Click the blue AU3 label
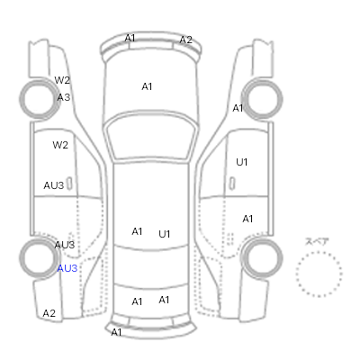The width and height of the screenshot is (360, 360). click(67, 268)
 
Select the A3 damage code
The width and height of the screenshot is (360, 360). click(64, 97)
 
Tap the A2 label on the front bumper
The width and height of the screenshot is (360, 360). click(185, 40)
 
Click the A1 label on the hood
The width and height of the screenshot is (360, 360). click(147, 86)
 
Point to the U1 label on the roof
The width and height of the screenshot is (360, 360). click(165, 234)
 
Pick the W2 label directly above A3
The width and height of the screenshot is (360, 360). click(62, 80)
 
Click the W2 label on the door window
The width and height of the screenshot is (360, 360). click(60, 145)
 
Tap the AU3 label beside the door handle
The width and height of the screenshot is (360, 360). click(54, 185)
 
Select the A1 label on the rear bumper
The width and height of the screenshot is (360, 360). click(117, 332)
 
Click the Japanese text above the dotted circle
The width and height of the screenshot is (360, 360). click(317, 241)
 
